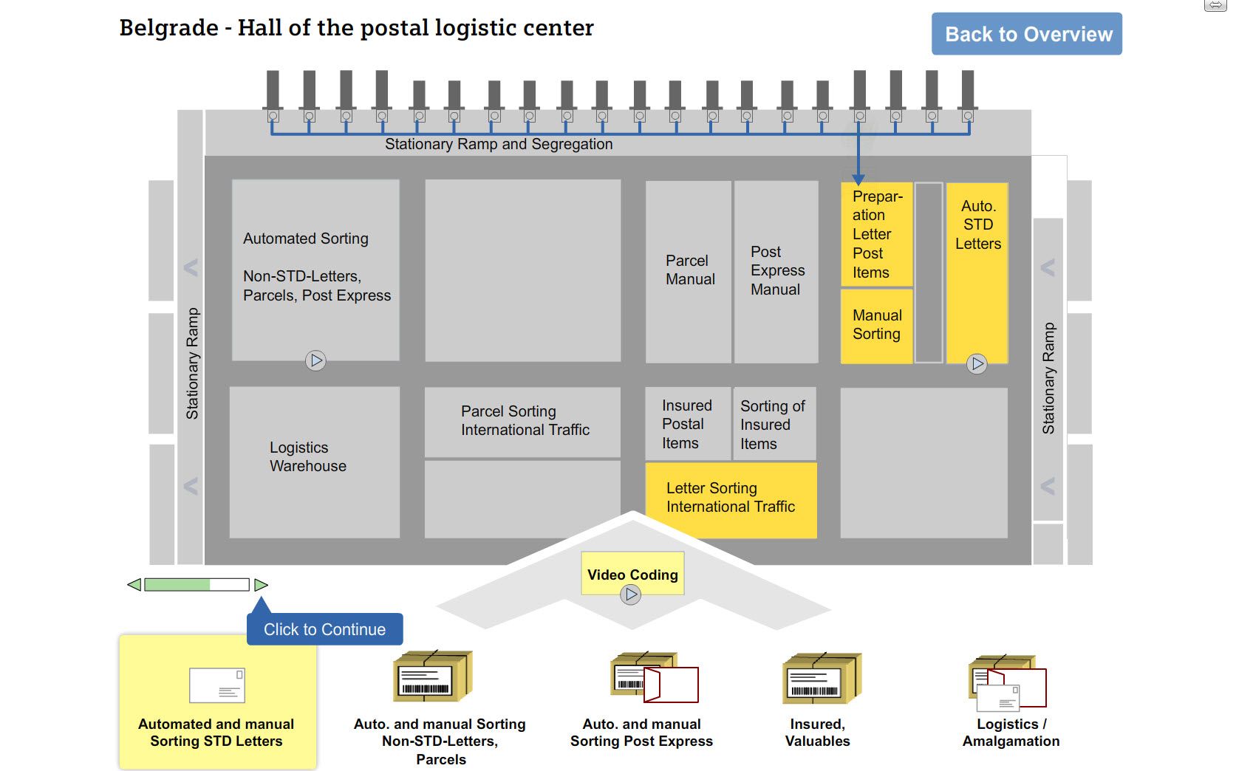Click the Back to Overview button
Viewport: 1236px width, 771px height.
pyautogui.click(x=1026, y=34)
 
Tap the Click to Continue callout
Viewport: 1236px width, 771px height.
pyautogui.click(x=325, y=629)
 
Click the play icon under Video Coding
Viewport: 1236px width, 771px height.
pyautogui.click(x=630, y=594)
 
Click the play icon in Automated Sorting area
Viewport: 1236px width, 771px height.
pyautogui.click(x=315, y=360)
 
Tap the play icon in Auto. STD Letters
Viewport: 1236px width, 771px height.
pyautogui.click(x=977, y=363)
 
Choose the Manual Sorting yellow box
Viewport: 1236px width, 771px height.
pyautogui.click(x=876, y=325)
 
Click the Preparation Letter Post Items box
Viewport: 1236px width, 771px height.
pyautogui.click(x=876, y=234)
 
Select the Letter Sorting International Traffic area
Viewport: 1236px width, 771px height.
pyautogui.click(x=731, y=498)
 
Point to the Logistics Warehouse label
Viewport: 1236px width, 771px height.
pyautogui.click(x=308, y=457)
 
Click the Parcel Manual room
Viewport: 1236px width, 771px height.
pyautogui.click(x=689, y=270)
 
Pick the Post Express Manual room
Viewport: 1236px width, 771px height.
pyautogui.click(x=776, y=270)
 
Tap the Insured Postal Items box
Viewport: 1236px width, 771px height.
pyautogui.click(x=687, y=424)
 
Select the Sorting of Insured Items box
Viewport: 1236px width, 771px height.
pyautogui.click(x=773, y=425)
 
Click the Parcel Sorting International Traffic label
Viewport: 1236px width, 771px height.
pyautogui.click(x=524, y=421)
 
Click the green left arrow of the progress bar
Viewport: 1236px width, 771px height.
pyautogui.click(x=134, y=585)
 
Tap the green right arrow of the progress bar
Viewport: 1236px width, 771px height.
pyautogui.click(x=261, y=585)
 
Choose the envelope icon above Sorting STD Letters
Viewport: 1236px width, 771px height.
pyautogui.click(x=216, y=685)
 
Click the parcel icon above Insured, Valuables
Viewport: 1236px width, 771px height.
pyautogui.click(x=821, y=677)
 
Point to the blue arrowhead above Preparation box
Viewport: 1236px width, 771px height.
pyautogui.click(x=858, y=179)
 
